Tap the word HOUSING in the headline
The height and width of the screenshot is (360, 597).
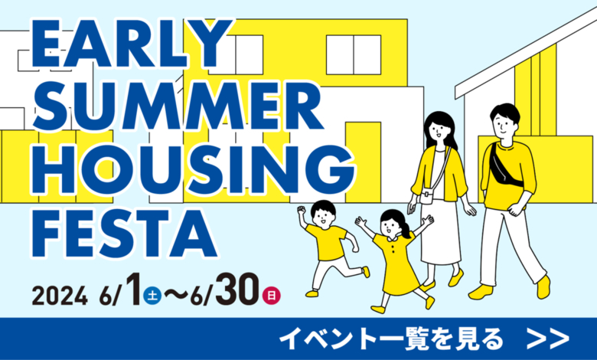tap(193, 169)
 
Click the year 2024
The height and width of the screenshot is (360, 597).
tap(60, 296)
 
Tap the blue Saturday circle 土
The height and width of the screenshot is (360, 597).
tap(152, 296)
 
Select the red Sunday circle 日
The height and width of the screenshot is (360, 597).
tap(271, 296)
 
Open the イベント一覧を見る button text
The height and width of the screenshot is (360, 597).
tap(391, 338)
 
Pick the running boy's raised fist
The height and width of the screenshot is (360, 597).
tap(301, 211)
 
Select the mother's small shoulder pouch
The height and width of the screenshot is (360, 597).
tap(426, 197)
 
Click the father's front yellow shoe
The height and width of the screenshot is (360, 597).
tap(481, 292)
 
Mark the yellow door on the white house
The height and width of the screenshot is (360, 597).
tap(363, 162)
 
